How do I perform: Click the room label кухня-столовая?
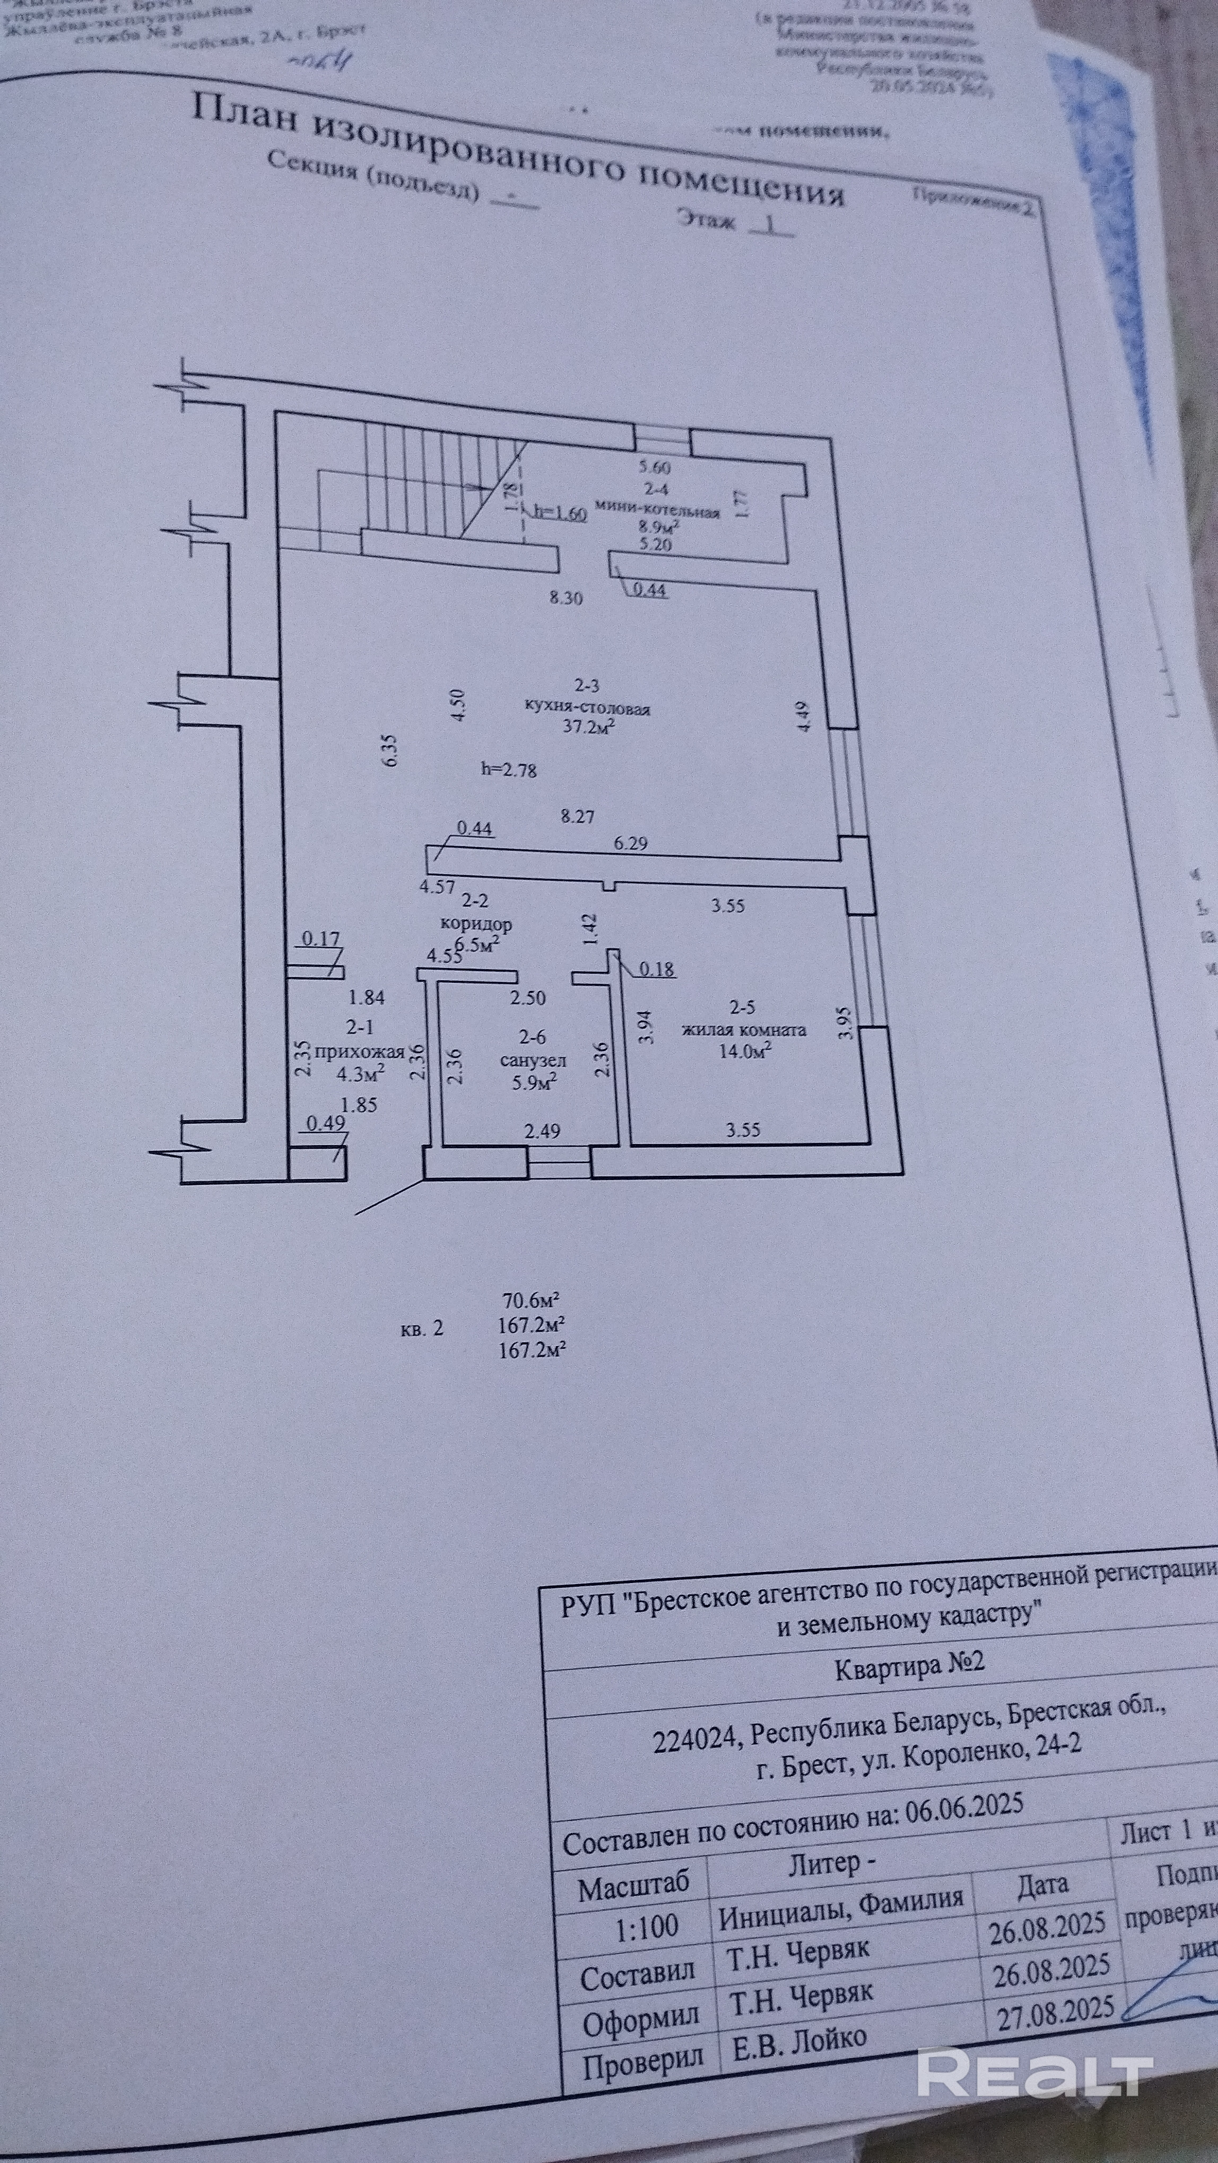click(587, 708)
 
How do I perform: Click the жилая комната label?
click(744, 1030)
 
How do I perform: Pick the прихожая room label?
click(359, 1050)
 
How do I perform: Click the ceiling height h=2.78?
click(509, 768)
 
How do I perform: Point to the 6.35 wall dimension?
click(388, 749)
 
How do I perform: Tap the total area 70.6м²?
click(531, 1302)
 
